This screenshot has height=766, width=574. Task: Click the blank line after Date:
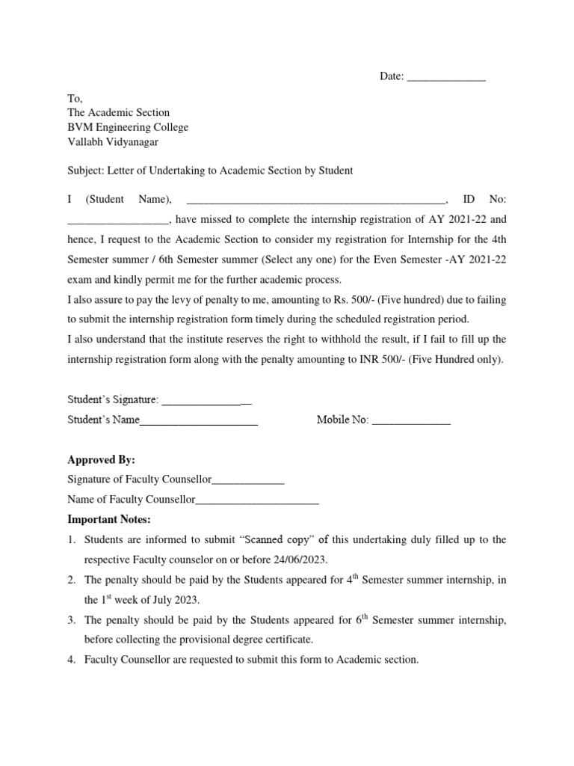click(446, 77)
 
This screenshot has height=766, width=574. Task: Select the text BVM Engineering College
click(128, 127)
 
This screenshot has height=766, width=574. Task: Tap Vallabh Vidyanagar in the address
click(113, 141)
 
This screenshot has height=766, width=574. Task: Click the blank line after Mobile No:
click(411, 420)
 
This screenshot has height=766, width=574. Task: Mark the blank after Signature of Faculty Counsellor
click(248, 479)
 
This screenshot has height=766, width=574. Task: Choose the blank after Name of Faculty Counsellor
click(257, 500)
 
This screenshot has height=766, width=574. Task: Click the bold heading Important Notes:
click(109, 519)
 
